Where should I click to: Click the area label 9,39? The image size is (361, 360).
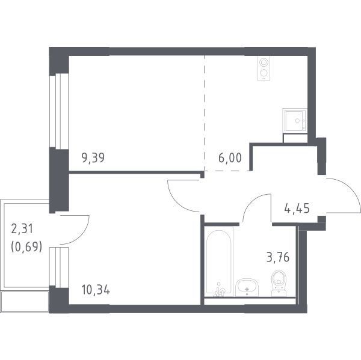[x=93, y=158]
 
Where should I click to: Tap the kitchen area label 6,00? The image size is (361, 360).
[x=230, y=158]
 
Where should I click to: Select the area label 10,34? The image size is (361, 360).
[x=96, y=290]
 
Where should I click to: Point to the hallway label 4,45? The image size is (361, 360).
[x=297, y=209]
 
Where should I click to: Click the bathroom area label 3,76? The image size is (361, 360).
[x=277, y=257]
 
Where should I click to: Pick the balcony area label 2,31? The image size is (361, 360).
[x=22, y=230]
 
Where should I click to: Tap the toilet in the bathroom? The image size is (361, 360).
[x=279, y=283]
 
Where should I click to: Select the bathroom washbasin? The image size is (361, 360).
[x=247, y=287]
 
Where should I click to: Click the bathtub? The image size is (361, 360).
[x=219, y=261]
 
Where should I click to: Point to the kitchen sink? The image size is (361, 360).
[x=295, y=121]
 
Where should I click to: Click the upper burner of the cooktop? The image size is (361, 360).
[x=264, y=63]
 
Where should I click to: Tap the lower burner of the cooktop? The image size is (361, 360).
[x=264, y=73]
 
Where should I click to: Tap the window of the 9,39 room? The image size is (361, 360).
[x=59, y=111]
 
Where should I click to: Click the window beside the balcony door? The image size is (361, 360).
[x=59, y=267]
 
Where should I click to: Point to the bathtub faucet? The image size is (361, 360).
[x=219, y=291]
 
